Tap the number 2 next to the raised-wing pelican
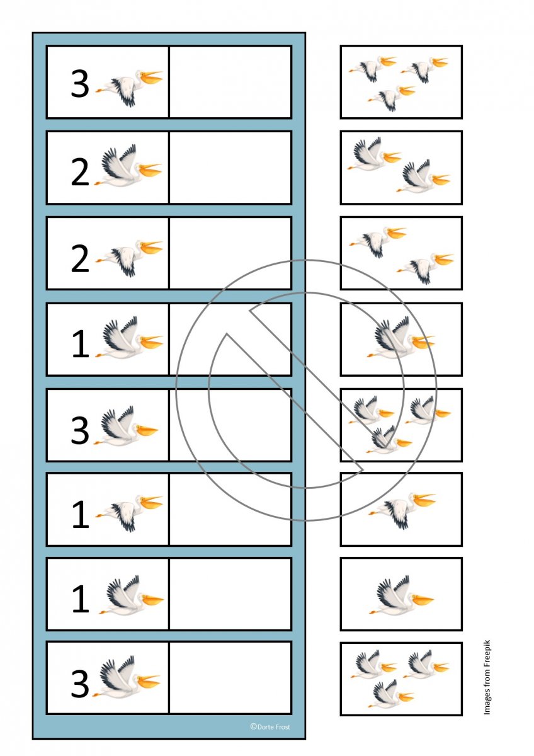pos(80,172)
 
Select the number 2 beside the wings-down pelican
pos(80,259)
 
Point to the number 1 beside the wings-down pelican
pos(81,515)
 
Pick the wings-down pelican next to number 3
pos(130,88)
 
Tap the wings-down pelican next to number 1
pos(130,513)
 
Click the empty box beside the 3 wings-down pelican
pos(230,82)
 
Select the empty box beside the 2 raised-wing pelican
pos(230,168)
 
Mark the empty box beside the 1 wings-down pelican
pos(230,509)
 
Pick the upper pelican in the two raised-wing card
pos(375,154)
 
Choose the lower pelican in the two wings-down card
pos(425,268)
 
